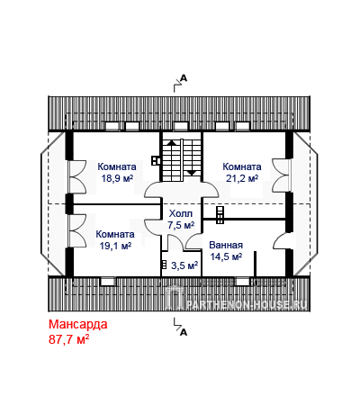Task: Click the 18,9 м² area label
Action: (x=117, y=178)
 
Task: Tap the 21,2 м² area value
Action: (x=242, y=178)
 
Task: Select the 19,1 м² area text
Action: (x=115, y=246)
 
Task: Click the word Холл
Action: (x=181, y=213)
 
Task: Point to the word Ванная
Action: (x=226, y=245)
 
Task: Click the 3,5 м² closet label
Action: (x=184, y=265)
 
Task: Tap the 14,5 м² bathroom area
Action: (x=226, y=256)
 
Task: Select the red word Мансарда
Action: (x=78, y=324)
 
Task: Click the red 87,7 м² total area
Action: (x=68, y=339)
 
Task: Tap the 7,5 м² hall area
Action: (x=181, y=225)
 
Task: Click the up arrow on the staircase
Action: (x=172, y=143)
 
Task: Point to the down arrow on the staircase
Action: (x=192, y=173)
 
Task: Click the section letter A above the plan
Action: (x=184, y=78)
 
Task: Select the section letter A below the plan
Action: (x=184, y=332)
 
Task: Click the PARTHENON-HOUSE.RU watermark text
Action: (x=247, y=304)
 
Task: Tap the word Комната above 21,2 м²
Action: (x=242, y=166)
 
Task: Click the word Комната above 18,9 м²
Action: (x=117, y=166)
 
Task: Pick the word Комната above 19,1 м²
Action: (x=115, y=234)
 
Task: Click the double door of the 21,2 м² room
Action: (x=282, y=175)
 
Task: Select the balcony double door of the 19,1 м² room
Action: (x=77, y=230)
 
